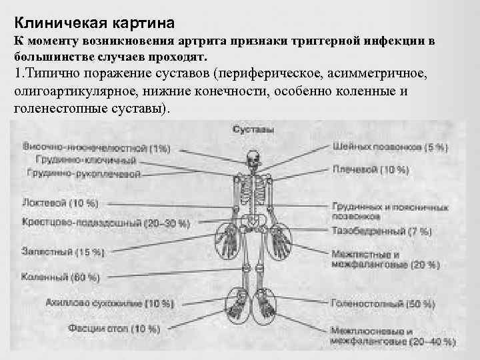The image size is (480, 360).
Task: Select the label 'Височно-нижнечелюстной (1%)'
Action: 96,147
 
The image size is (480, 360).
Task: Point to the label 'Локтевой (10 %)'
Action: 60,202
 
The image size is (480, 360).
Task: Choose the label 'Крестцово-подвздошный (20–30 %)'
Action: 105,222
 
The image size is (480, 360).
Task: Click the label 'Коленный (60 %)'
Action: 60,277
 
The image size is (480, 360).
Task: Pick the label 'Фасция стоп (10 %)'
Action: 113,328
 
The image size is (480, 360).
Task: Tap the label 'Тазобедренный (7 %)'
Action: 381,232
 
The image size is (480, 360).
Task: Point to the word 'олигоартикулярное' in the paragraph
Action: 73,91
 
